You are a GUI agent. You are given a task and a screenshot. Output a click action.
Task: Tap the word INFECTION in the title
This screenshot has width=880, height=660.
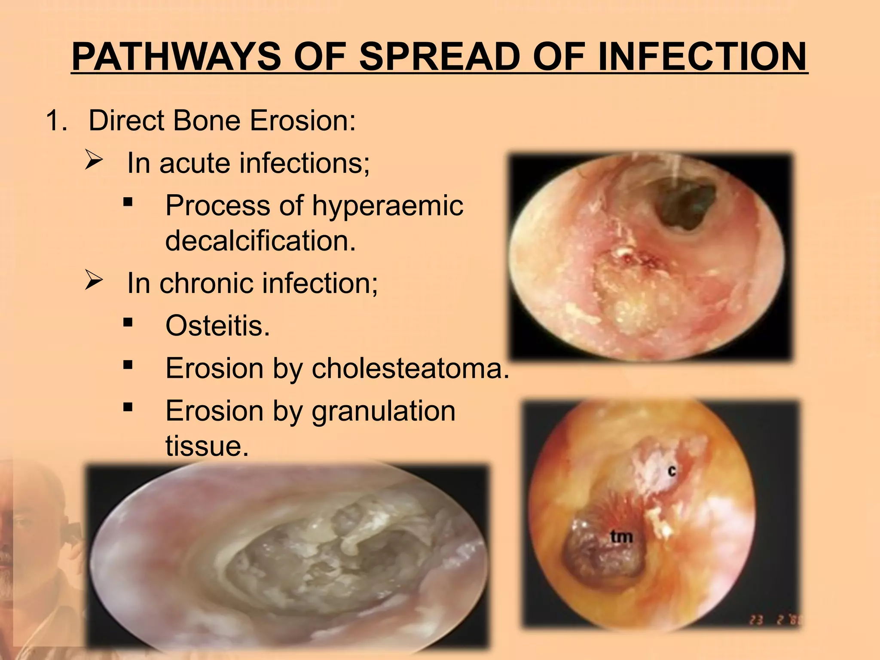click(702, 57)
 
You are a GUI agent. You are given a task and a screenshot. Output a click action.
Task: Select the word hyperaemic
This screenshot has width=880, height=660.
click(387, 205)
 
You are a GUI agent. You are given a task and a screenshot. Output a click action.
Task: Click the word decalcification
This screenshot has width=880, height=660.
click(260, 241)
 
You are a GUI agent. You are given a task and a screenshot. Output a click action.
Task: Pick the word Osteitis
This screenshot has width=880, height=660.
click(217, 326)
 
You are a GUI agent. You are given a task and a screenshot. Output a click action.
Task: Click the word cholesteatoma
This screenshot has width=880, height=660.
click(410, 368)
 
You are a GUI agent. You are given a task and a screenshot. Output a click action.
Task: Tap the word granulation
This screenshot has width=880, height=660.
click(383, 411)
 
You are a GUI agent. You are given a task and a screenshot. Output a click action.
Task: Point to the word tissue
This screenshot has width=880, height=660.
click(207, 446)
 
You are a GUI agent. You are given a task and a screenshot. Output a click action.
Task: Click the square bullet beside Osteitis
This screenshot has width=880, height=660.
click(127, 322)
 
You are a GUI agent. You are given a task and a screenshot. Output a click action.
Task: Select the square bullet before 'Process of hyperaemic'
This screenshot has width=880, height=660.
click(127, 202)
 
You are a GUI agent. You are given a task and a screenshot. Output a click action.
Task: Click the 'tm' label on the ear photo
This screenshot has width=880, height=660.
click(621, 536)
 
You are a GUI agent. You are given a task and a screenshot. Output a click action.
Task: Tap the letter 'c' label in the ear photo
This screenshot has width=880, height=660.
click(672, 471)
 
